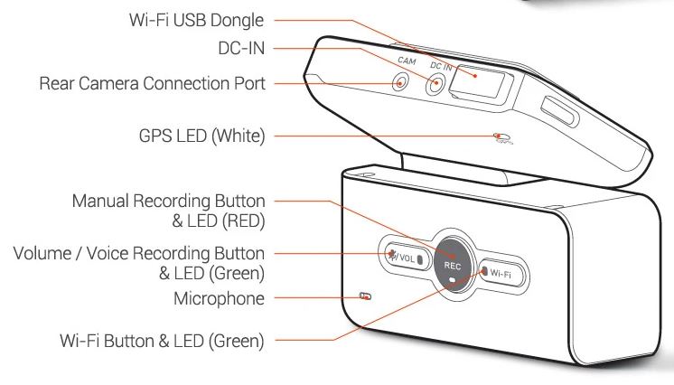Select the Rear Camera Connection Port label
pyautogui.click(x=152, y=84)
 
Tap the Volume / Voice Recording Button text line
pyautogui.click(x=139, y=252)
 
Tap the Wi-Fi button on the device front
pyautogui.click(x=500, y=270)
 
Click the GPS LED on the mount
pyautogui.click(x=501, y=137)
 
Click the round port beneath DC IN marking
pyautogui.click(x=436, y=87)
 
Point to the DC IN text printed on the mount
pyautogui.click(x=442, y=66)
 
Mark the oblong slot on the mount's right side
pyautogui.click(x=559, y=116)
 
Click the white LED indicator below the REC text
pyautogui.click(x=452, y=280)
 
